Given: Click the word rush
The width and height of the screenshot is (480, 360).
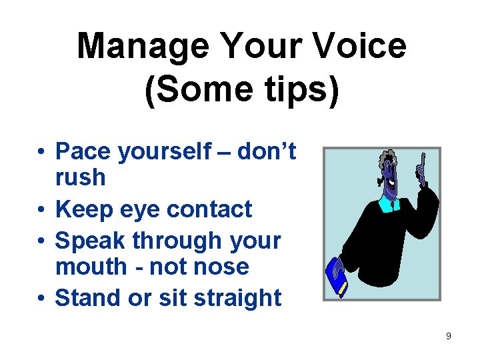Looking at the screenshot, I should (81, 177).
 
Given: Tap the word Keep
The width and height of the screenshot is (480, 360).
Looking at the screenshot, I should (84, 209).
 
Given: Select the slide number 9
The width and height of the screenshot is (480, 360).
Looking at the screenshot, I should (448, 336).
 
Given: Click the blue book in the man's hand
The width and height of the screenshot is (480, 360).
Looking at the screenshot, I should (336, 276).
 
